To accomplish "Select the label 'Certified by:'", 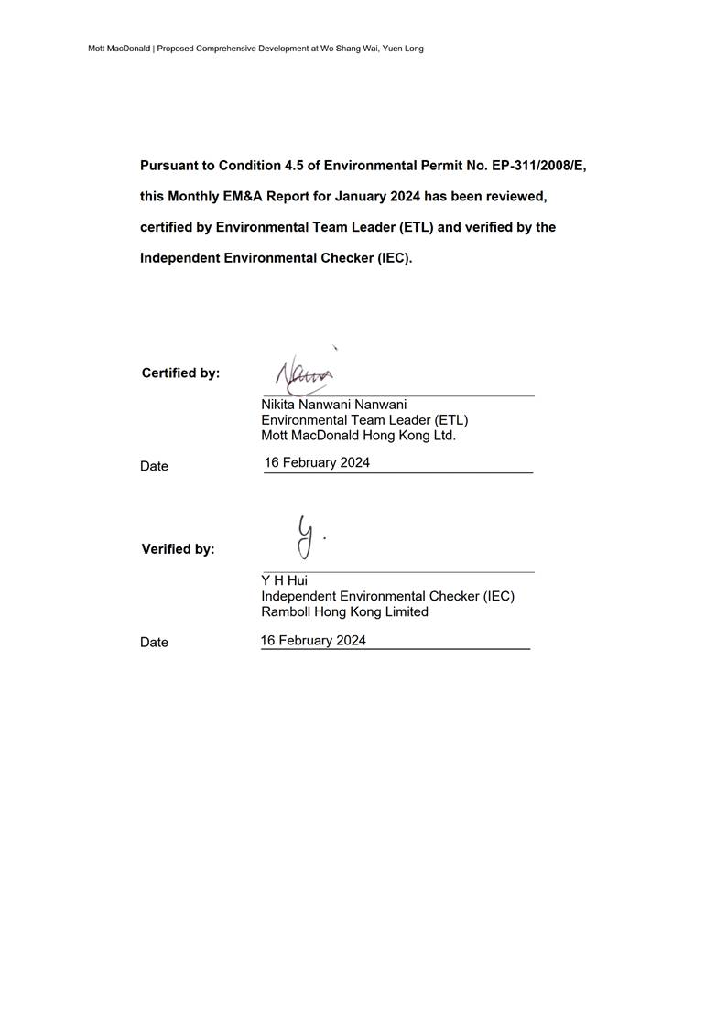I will pos(180,373).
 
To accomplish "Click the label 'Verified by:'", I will pos(178,549).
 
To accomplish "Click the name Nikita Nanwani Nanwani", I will pos(333,404).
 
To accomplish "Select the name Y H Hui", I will pos(284,580).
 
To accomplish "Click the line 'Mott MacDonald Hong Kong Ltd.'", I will pos(358,436).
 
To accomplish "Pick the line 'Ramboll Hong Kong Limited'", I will pos(344,611).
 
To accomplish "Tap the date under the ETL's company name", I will pos(317,462).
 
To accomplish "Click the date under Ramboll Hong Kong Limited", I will pos(313,640).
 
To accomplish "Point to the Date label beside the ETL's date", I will pos(154,466).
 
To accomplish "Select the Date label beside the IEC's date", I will pos(154,643).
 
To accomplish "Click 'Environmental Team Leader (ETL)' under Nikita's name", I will pos(364,420).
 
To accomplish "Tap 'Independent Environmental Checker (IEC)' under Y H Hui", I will pos(387,596).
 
